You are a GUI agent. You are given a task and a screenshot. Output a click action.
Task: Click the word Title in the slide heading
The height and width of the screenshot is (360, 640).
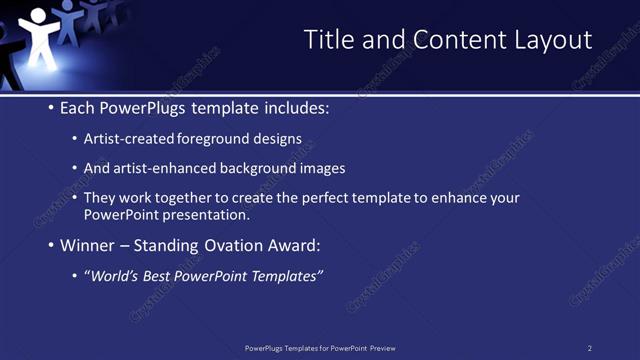(x=327, y=40)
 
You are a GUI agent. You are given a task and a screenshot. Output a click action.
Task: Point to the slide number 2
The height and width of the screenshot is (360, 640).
(x=590, y=348)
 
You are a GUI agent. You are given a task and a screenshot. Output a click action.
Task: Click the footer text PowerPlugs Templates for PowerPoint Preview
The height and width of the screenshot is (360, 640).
(x=320, y=348)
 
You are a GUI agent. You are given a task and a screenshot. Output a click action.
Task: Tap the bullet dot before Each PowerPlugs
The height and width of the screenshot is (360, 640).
(x=51, y=108)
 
